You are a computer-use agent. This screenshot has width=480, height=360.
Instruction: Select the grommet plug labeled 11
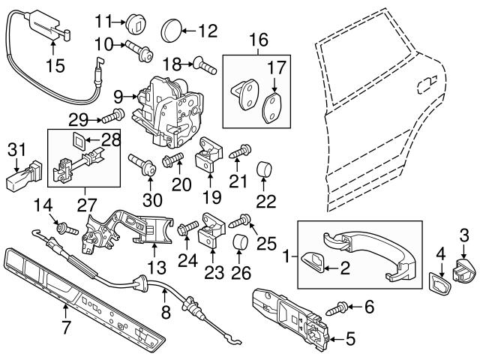tap(135, 20)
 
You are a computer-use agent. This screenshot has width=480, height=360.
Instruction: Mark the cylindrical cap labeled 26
tap(241, 244)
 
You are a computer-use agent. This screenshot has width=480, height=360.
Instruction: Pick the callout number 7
tap(66, 327)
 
